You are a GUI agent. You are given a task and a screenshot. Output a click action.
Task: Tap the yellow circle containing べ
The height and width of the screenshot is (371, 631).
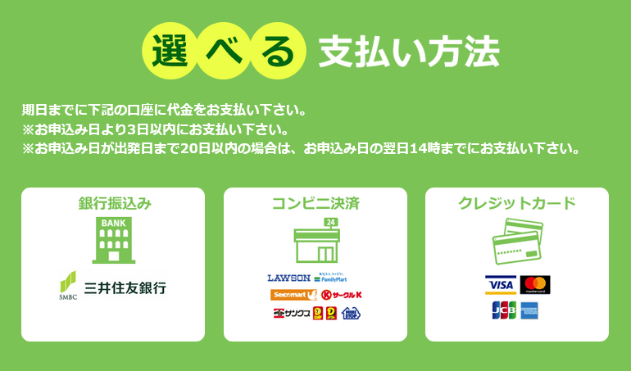click(x=225, y=51)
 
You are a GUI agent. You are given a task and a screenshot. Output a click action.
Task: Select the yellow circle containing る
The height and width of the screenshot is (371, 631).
click(x=278, y=51)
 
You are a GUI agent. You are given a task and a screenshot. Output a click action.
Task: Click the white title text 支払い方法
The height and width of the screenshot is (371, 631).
click(x=409, y=52)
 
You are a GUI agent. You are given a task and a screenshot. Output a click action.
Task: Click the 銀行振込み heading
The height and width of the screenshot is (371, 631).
click(x=113, y=204)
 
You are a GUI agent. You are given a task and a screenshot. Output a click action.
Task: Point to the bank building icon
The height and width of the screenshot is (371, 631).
click(x=113, y=240)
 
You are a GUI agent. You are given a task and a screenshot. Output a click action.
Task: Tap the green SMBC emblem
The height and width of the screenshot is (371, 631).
click(x=67, y=283)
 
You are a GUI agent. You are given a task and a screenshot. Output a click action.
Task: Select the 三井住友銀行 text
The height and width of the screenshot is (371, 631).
click(x=126, y=288)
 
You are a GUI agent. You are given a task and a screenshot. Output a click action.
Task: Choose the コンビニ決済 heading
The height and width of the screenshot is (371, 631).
click(x=315, y=204)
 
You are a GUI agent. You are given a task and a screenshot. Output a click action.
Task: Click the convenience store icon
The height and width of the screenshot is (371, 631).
click(x=315, y=240)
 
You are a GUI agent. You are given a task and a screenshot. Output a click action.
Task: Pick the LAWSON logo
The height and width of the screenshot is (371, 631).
click(x=288, y=278)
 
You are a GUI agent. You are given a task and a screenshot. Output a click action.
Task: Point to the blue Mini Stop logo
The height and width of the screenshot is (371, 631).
click(x=351, y=313)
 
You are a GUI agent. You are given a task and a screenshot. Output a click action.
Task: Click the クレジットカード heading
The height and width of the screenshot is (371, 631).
click(x=517, y=204)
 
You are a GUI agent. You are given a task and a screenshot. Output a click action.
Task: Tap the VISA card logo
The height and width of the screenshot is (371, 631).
click(x=499, y=285)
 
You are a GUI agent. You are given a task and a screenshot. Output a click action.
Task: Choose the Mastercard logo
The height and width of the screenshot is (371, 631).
click(x=535, y=285)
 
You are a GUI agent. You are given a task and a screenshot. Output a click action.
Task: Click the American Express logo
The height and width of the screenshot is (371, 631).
click(x=529, y=310)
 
